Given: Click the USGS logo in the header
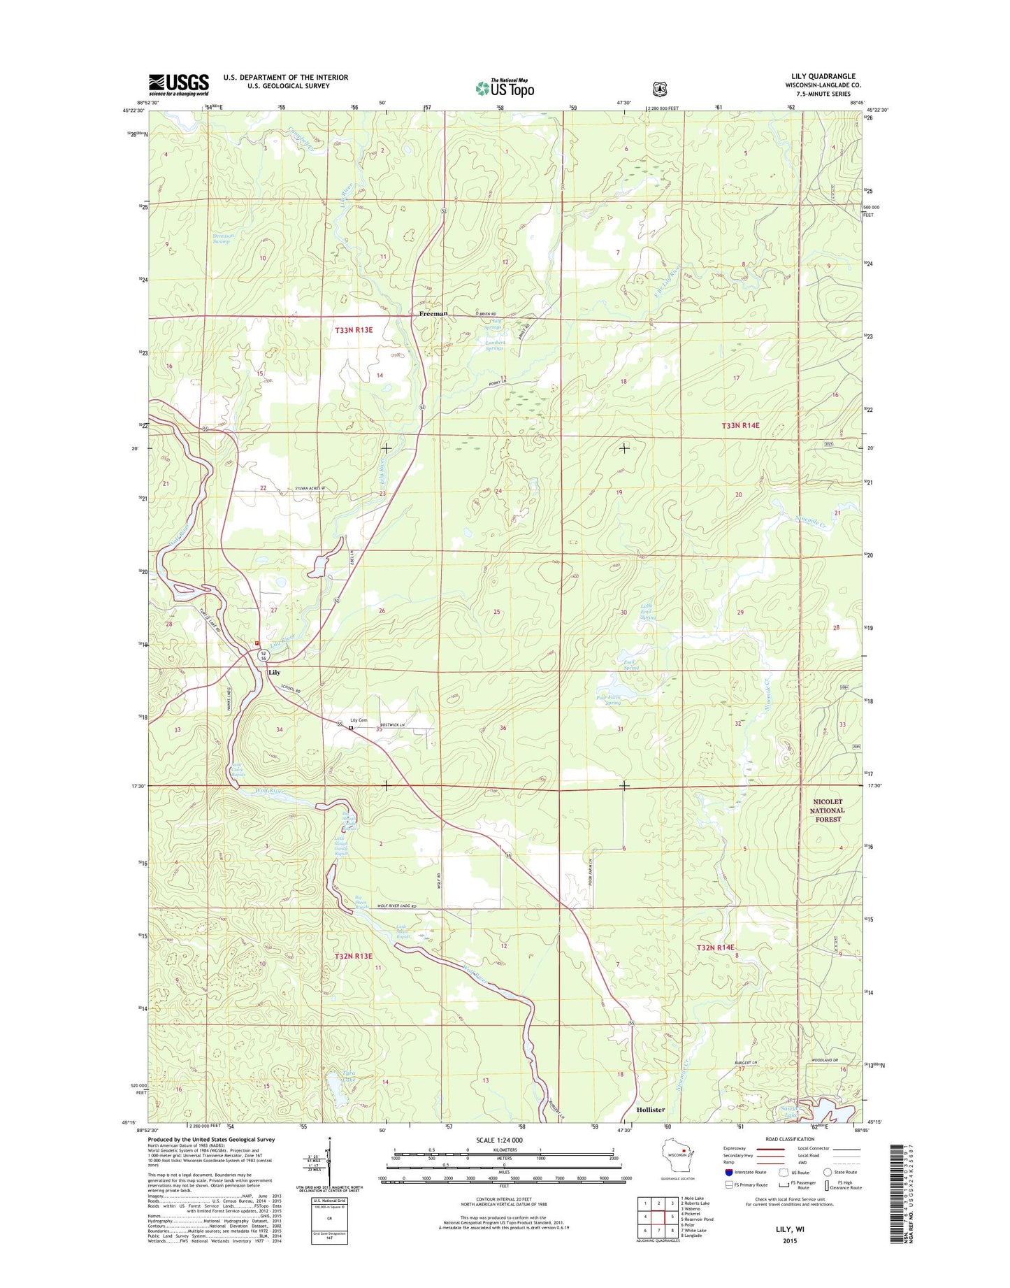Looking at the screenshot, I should (178, 85).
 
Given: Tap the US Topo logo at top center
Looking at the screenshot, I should (505, 88).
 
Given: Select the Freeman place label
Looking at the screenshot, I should (433, 314).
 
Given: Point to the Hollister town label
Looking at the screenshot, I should (650, 1110).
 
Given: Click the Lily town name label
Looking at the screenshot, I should (274, 672).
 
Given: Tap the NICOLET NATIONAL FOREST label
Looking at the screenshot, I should (827, 810).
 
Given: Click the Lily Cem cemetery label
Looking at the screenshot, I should (359, 720).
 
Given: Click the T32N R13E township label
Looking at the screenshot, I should (353, 956).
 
